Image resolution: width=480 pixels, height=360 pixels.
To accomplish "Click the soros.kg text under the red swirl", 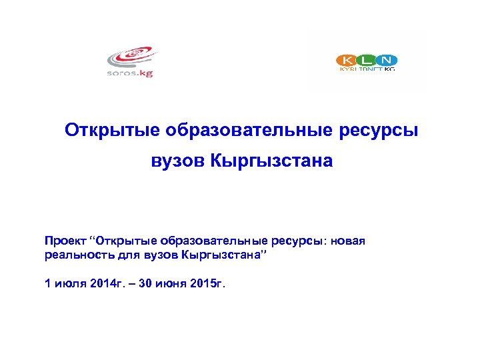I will point(131,73).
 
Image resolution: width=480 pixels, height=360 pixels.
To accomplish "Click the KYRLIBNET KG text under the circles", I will point(367,69).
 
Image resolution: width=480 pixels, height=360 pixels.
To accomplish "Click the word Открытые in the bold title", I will point(112,130).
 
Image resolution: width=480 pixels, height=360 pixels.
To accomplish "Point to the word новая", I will point(348,240).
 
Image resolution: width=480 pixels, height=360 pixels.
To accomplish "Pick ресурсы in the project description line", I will point(298,240).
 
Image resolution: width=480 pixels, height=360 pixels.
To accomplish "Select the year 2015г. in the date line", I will point(209,284).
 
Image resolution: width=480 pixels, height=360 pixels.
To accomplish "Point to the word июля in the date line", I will point(67,284).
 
